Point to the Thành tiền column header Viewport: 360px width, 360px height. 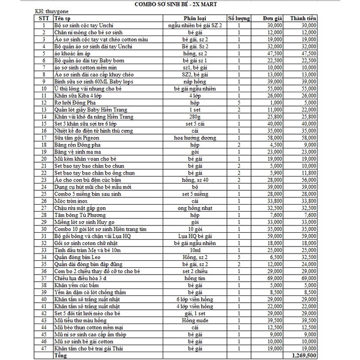coord(303,18)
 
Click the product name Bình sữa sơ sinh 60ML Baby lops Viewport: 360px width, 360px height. coord(92,81)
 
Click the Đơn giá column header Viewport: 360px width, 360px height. coord(273,18)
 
